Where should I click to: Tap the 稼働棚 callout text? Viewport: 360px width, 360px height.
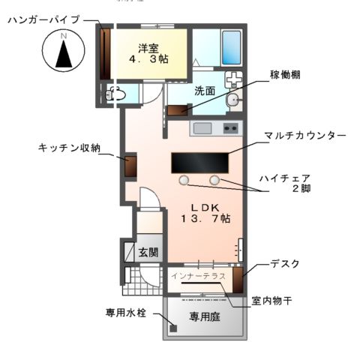click(x=286, y=76)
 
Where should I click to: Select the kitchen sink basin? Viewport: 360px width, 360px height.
click(x=203, y=128)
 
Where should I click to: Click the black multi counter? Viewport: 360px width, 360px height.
click(x=199, y=162)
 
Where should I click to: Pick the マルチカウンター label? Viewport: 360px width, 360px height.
click(x=304, y=136)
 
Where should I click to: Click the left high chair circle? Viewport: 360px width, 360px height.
click(x=184, y=180)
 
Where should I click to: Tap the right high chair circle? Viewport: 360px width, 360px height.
click(x=215, y=180)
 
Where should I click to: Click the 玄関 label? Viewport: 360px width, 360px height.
click(x=148, y=252)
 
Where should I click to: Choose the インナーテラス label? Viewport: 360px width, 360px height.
click(x=198, y=277)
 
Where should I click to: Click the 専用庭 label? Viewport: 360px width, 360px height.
click(x=204, y=316)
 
